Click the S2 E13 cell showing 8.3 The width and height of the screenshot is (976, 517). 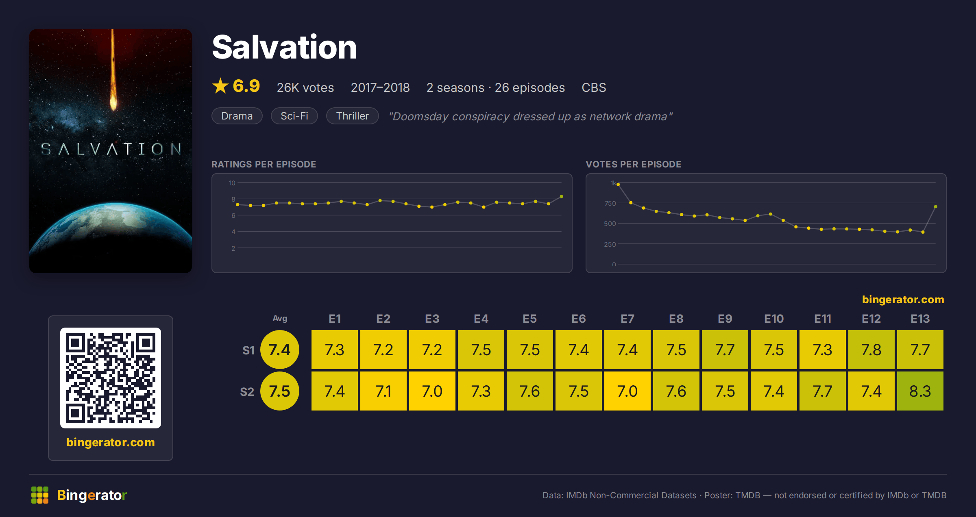pos(920,391)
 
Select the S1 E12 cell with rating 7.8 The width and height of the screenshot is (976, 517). pos(871,350)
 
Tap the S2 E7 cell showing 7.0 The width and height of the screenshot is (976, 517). pos(627,391)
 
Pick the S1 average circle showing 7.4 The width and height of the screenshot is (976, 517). pos(280,350)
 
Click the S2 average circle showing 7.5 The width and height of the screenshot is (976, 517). pos(280,391)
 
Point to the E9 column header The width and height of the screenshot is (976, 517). pos(725,319)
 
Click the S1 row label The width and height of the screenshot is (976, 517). pos(248,350)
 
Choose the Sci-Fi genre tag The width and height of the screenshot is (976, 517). pos(294,116)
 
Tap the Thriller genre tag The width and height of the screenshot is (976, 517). pos(352,116)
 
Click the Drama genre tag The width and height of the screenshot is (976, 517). pos(237,116)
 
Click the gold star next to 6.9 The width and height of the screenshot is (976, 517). pos(220,86)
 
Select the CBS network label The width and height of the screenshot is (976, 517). pos(594,87)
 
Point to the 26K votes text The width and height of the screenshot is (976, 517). pos(305,87)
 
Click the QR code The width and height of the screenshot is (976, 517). pos(111,378)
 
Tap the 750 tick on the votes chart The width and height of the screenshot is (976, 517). pos(610,203)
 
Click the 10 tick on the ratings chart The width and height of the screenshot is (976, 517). pos(232,183)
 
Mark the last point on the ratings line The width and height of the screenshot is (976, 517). pos(562,197)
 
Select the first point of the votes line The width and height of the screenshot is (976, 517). pos(618,185)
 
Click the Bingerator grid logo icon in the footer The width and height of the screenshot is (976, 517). pos(40,495)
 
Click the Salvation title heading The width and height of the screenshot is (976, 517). pos(284,47)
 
